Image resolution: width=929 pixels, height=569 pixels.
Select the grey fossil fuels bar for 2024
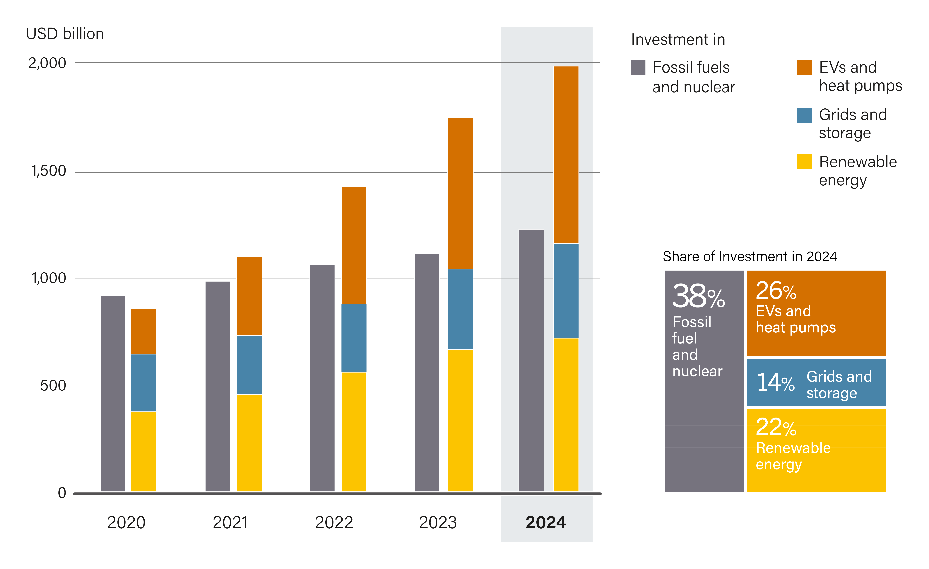531,360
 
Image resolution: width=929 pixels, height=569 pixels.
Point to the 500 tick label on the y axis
53,386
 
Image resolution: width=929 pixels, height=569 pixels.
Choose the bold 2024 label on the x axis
546,523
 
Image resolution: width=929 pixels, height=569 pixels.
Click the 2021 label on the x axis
230,523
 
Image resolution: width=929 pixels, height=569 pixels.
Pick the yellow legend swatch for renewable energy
804,161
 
